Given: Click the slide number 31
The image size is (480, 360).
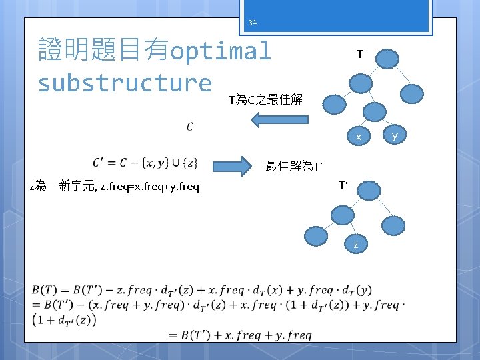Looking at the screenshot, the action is pyautogui.click(x=253, y=21).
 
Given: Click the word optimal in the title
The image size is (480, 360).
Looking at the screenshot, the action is pyautogui.click(x=221, y=51).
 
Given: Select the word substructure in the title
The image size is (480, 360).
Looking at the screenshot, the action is pyautogui.click(x=125, y=83).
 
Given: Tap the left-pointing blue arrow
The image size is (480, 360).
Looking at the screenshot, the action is pyautogui.click(x=279, y=120).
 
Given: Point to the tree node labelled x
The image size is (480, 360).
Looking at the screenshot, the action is pyautogui.click(x=358, y=137).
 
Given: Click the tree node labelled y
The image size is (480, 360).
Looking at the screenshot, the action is pyautogui.click(x=395, y=136).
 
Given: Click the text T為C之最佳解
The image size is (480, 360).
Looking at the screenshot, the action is pyautogui.click(x=265, y=100).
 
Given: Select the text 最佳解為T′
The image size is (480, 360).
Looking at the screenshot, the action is pyautogui.click(x=294, y=167).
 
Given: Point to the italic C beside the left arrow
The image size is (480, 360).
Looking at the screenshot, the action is pyautogui.click(x=190, y=126).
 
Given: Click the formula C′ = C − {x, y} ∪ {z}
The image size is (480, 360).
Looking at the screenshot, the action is pyautogui.click(x=144, y=163).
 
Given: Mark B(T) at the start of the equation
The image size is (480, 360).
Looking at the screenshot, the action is pyautogui.click(x=44, y=290).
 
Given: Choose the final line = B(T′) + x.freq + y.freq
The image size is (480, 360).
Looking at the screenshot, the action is pyautogui.click(x=240, y=335).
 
